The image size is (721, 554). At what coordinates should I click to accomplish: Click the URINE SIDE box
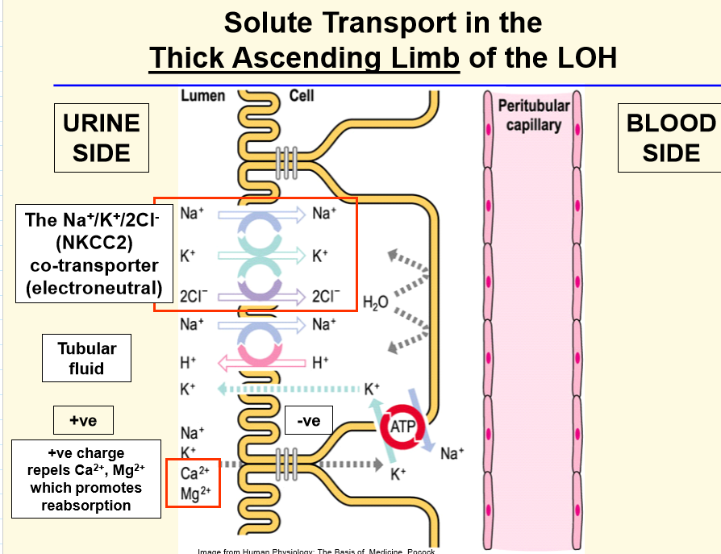click(102, 138)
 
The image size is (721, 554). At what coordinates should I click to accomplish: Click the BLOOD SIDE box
click(669, 138)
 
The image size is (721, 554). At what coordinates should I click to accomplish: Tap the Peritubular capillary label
click(533, 115)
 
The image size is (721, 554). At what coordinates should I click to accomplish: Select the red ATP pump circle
click(401, 428)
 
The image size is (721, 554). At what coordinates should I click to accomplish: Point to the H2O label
click(375, 302)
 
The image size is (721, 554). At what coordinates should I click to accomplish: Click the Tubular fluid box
click(86, 359)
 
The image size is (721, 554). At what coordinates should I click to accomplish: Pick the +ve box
click(83, 420)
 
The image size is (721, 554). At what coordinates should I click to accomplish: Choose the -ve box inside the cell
click(308, 420)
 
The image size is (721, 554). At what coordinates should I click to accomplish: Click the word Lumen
click(202, 96)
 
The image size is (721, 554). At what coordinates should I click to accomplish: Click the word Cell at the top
click(302, 96)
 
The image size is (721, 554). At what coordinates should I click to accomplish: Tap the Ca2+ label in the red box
click(194, 473)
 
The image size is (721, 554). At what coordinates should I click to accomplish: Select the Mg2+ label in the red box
click(194, 493)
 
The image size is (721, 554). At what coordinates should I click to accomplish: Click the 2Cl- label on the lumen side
click(194, 296)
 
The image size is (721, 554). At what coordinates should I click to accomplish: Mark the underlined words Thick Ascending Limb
click(303, 58)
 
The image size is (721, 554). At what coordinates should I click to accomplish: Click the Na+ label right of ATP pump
click(452, 453)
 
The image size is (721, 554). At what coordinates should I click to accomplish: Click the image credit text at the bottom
click(315, 551)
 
